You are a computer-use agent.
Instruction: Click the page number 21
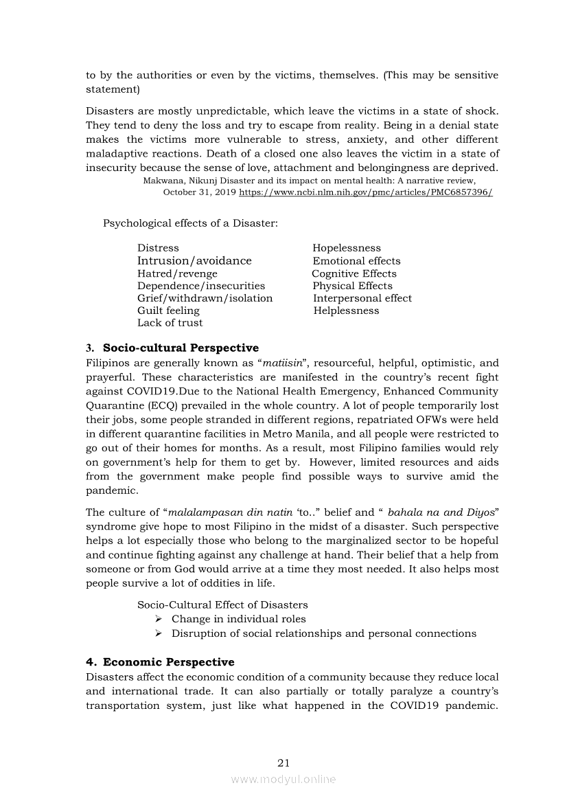tap(283, 762)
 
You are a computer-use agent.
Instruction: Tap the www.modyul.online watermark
tap(283, 780)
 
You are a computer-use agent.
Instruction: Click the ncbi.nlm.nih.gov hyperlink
tap(365, 193)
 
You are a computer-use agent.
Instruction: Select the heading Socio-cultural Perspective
tap(181, 348)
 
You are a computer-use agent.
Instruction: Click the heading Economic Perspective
tap(168, 662)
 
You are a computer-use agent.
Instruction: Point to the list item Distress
tap(158, 248)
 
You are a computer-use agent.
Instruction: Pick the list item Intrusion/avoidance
tap(194, 261)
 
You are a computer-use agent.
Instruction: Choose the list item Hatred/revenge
tap(177, 273)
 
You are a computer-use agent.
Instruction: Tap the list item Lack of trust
tap(170, 323)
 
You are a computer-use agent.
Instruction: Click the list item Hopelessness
tap(346, 248)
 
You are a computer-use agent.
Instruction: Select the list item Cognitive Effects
tap(354, 273)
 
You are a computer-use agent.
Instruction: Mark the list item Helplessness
tap(346, 310)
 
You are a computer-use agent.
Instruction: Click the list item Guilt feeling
tap(168, 310)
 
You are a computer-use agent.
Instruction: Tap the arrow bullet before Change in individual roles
tap(159, 620)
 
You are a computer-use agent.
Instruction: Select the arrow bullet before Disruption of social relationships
tap(159, 634)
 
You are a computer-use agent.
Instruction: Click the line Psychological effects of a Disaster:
tap(190, 223)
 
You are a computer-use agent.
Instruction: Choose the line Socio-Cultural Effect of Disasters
tap(222, 605)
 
